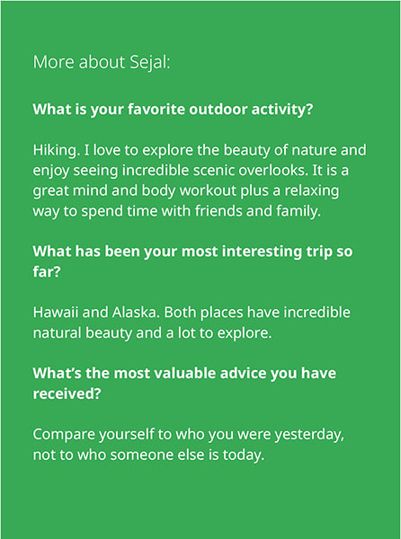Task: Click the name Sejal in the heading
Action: pyautogui.click(x=149, y=63)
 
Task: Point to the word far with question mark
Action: pyautogui.click(x=47, y=271)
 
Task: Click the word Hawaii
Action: pyautogui.click(x=56, y=312)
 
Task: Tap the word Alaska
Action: pyautogui.click(x=136, y=312)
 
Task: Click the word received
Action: pyautogui.click(x=67, y=393)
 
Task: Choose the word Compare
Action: pyautogui.click(x=64, y=435)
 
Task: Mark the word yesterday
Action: pyautogui.click(x=309, y=435)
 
